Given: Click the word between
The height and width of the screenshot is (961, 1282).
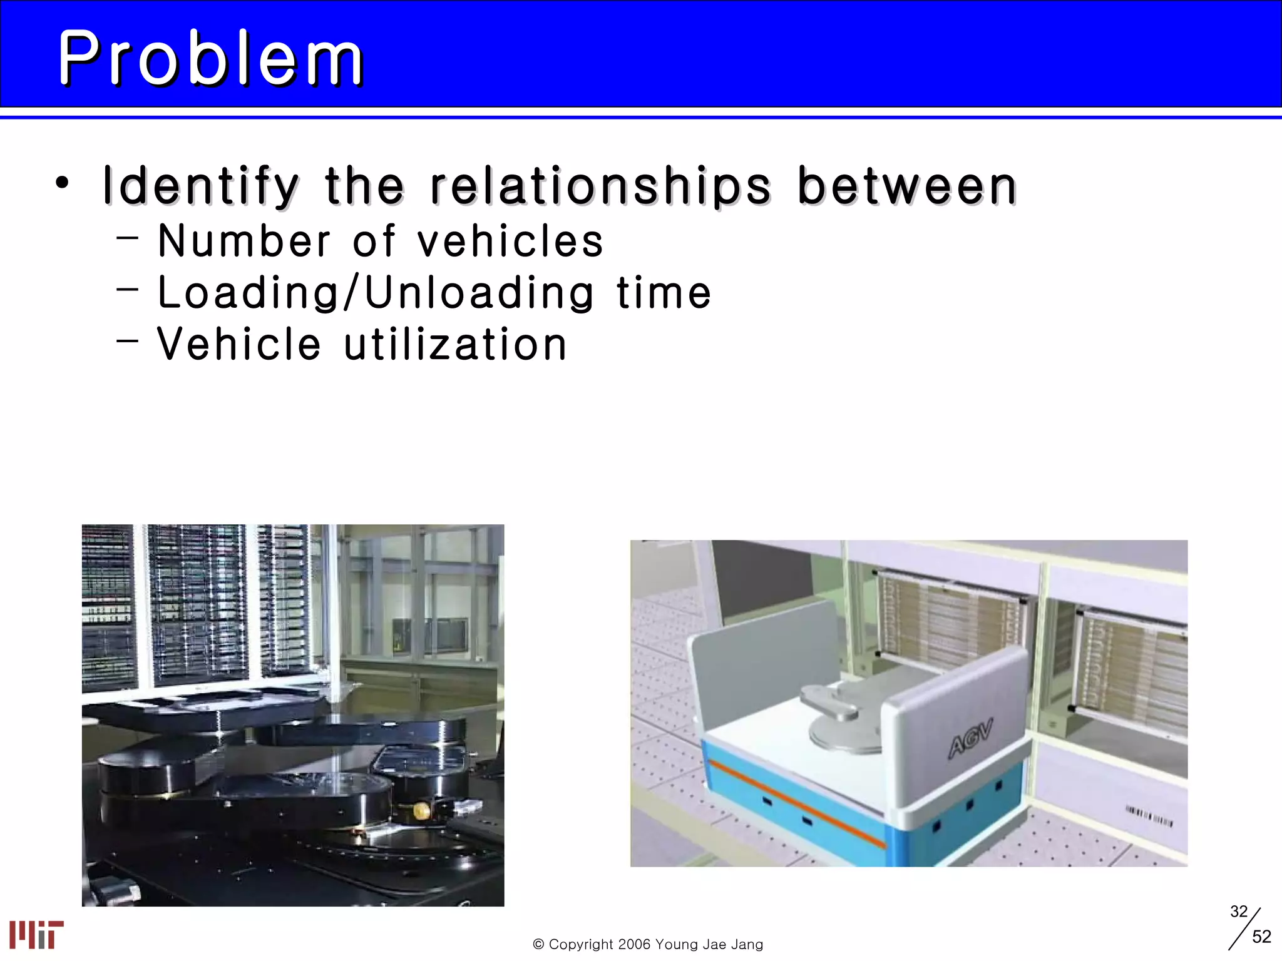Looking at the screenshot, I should coord(907,186).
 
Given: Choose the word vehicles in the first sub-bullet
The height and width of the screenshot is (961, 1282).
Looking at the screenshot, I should coord(510,242).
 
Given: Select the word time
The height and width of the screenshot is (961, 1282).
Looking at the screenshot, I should coord(664,293).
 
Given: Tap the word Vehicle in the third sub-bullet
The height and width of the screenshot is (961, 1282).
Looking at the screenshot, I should coord(239,344).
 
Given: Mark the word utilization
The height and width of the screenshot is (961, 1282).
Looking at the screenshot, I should coord(456,344).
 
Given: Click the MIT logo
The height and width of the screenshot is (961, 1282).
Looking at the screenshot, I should coord(36,934).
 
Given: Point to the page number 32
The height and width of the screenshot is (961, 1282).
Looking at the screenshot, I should coord(1239,912).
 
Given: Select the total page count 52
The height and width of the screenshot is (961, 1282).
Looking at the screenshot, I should coord(1261,937).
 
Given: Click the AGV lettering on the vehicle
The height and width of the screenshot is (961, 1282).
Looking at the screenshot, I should coord(970,739).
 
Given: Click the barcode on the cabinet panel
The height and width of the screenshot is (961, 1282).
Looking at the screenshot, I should coord(1149,815).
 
